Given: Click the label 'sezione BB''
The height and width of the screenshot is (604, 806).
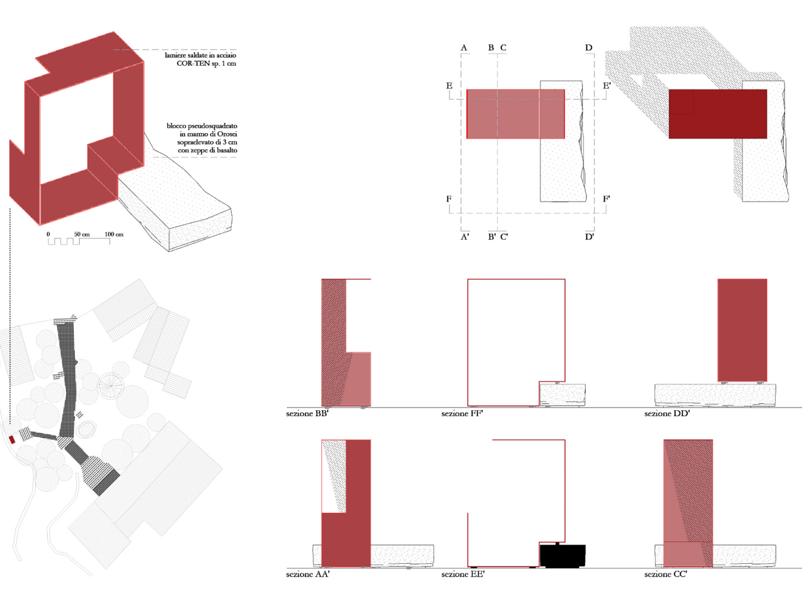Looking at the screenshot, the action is (307, 414).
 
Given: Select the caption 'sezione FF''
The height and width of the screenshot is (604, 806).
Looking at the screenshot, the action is (462, 414).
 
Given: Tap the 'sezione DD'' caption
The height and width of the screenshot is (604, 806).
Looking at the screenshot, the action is (667, 414).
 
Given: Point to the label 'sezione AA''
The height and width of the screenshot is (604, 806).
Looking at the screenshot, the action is (308, 574).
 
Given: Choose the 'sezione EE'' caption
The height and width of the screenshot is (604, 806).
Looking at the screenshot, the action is (462, 574).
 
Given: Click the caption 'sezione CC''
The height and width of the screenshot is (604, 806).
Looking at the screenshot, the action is (665, 574).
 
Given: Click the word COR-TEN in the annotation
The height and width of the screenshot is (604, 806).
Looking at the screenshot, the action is (193, 63).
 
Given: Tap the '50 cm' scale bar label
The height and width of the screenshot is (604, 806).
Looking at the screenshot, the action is (82, 235).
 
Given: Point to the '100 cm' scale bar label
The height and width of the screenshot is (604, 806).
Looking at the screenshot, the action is (114, 235).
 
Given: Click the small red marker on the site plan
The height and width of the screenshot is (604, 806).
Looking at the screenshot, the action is (12, 440).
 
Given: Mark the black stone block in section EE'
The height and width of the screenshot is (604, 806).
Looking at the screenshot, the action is (563, 556).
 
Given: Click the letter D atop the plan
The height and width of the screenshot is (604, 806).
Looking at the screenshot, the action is (588, 48).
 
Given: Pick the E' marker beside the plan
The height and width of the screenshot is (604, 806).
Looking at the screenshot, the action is (607, 86).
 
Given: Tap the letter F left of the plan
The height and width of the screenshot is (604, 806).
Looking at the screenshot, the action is (449, 199).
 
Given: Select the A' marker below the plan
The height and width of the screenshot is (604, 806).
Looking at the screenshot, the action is (465, 237).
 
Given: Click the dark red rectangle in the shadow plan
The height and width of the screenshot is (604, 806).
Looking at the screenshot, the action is (717, 114).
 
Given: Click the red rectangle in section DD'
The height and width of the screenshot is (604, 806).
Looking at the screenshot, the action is (742, 330).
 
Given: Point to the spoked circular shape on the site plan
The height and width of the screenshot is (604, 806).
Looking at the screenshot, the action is (111, 386).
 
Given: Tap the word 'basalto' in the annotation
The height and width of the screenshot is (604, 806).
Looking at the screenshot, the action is (227, 150).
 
